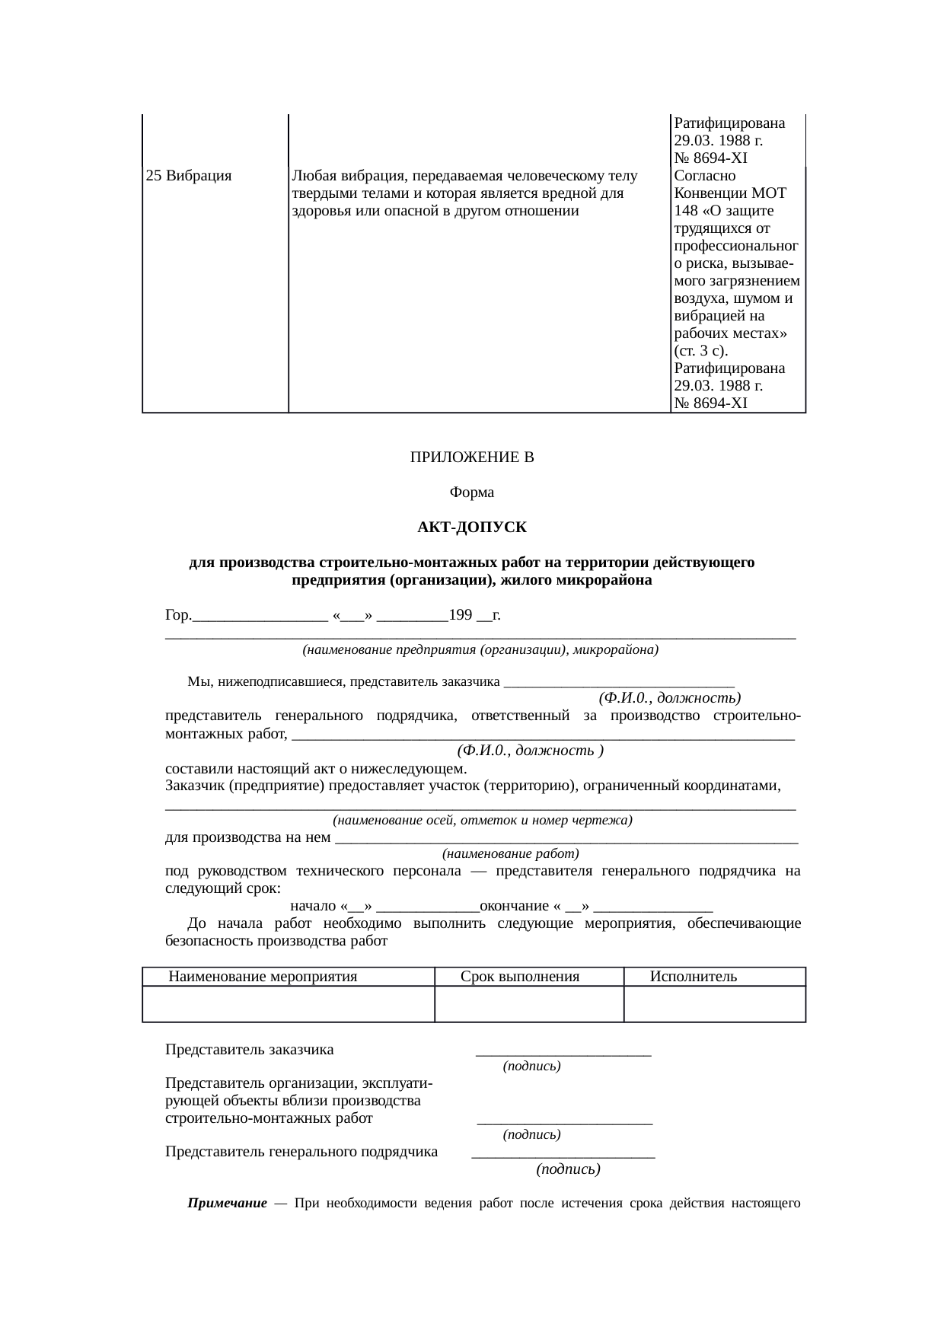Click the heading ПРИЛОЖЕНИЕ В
click(x=472, y=458)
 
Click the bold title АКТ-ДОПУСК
click(x=472, y=528)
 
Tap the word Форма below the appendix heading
click(x=472, y=493)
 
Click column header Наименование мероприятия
click(x=263, y=977)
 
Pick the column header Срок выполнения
click(x=520, y=977)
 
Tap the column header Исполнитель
click(x=693, y=977)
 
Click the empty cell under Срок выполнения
click(x=528, y=1003)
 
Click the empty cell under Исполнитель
click(x=714, y=1003)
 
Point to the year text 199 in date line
click(x=461, y=614)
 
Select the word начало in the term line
click(x=313, y=906)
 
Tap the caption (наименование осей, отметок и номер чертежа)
click(x=483, y=821)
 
